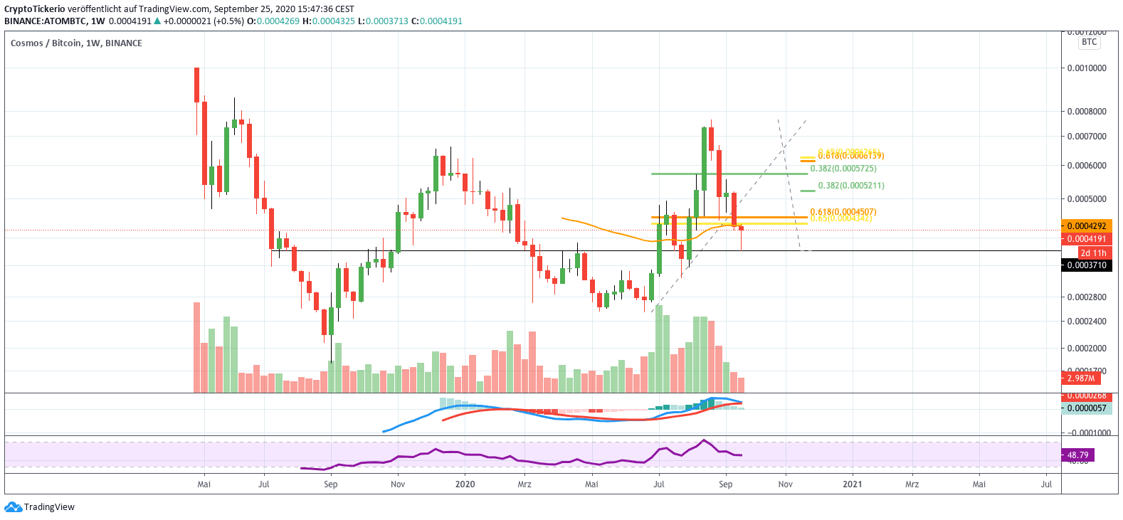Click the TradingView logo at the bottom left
[40, 507]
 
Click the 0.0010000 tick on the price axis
[1086, 68]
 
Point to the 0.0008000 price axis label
[1086, 112]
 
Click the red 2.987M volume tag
[1081, 378]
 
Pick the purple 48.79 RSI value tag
[1077, 455]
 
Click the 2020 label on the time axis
[465, 484]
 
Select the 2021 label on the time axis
[852, 484]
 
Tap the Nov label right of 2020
[785, 484]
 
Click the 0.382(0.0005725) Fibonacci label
[843, 169]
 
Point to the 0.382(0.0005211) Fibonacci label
[851, 186]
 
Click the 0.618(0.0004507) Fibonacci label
[843, 212]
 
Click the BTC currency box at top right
[1089, 42]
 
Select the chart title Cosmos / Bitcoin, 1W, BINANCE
[76, 43]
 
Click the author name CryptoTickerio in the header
[35, 9]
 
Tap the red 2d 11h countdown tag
[1093, 253]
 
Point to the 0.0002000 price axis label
[1086, 349]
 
